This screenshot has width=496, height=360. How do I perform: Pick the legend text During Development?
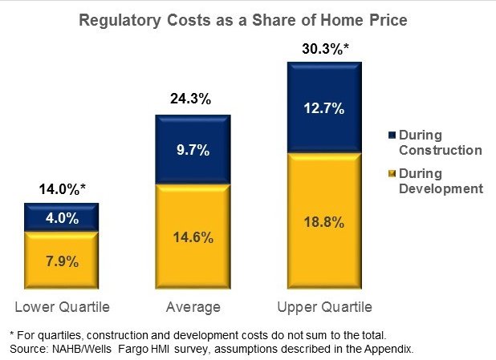[440, 181]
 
